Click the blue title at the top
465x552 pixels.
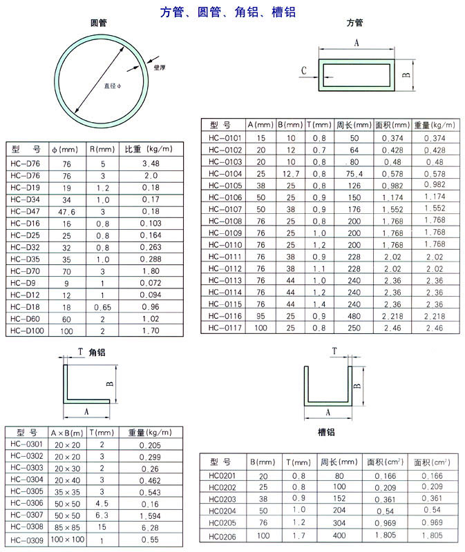[x=228, y=12]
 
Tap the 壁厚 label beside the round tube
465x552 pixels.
[x=160, y=67]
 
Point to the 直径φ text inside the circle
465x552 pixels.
[x=113, y=86]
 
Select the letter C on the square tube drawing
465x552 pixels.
[x=304, y=71]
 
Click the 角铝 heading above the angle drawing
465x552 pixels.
[x=97, y=352]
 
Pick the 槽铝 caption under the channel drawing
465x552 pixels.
[x=326, y=432]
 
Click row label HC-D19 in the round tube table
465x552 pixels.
[x=25, y=188]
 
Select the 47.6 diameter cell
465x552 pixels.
[x=66, y=212]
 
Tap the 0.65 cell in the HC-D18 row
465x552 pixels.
[x=102, y=307]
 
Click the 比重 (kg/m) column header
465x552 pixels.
[x=149, y=149]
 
